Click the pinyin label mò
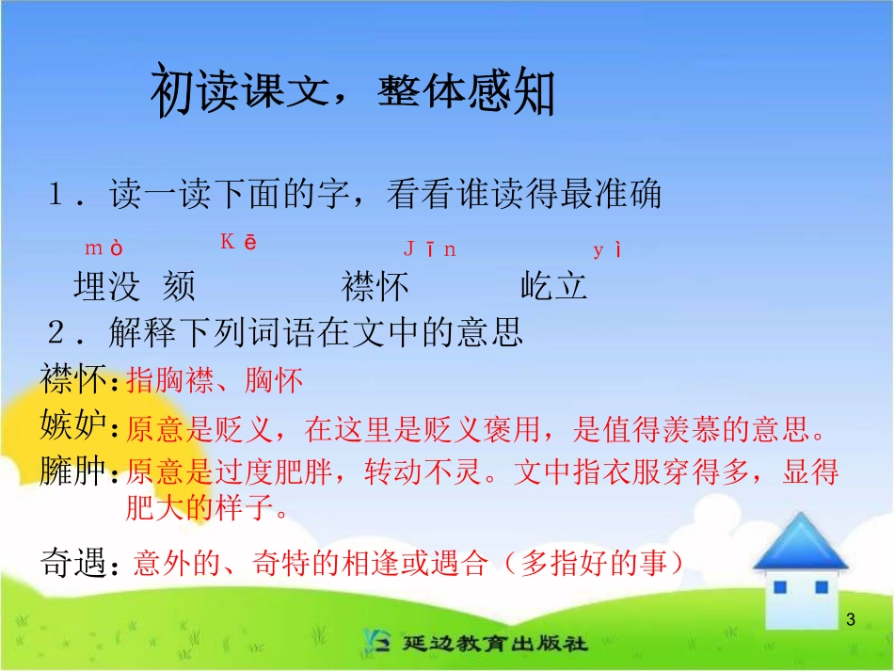click(x=104, y=248)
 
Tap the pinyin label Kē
click(x=239, y=242)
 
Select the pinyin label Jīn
click(x=429, y=248)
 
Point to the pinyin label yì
click(x=607, y=249)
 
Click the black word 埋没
click(x=106, y=286)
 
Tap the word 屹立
click(x=553, y=286)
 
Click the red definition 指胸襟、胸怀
click(x=215, y=380)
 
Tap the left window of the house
click(x=778, y=587)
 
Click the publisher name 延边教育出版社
click(x=493, y=644)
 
